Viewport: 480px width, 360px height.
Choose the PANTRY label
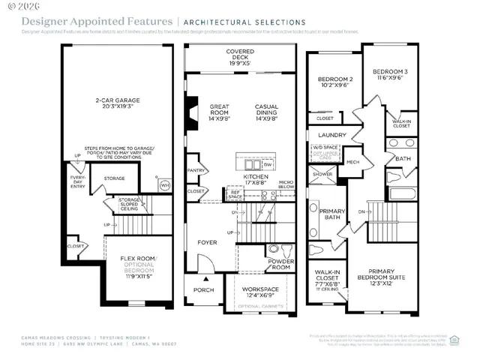tap(196, 170)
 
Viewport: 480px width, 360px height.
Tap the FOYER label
tap(208, 242)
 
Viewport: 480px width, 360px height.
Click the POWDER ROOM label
tap(280, 264)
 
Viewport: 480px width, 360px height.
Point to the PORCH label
tap(204, 289)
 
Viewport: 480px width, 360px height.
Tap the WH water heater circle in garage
tap(165, 184)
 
